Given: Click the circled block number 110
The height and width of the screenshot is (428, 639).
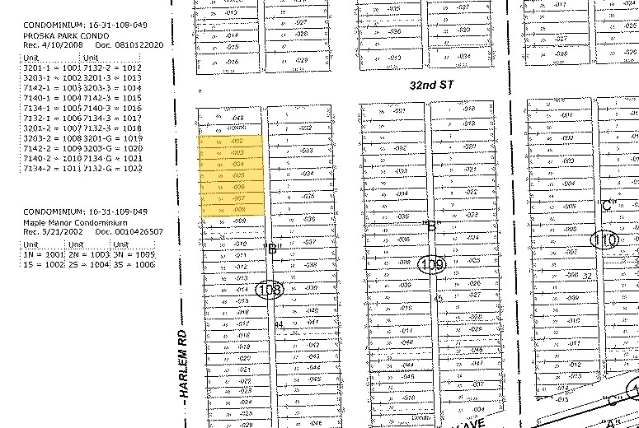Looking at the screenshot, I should [604, 240].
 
